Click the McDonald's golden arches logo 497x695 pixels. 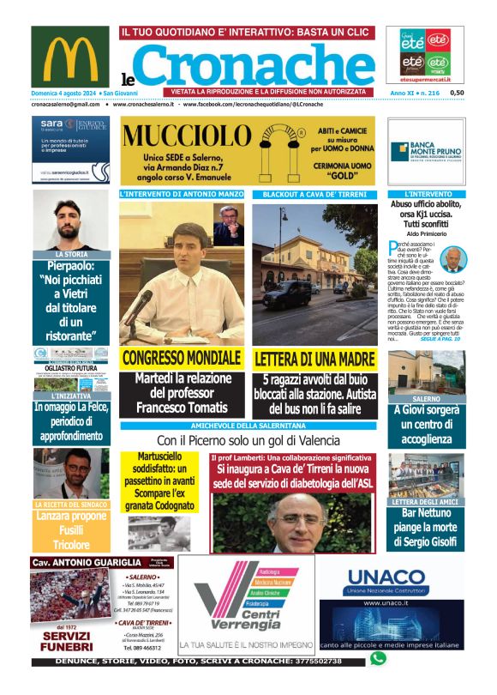point(70,56)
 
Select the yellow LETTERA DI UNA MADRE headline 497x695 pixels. point(314,359)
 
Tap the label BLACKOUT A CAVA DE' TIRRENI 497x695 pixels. point(314,195)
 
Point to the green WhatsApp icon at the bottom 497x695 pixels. point(378,659)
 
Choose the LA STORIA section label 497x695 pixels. point(70,255)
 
